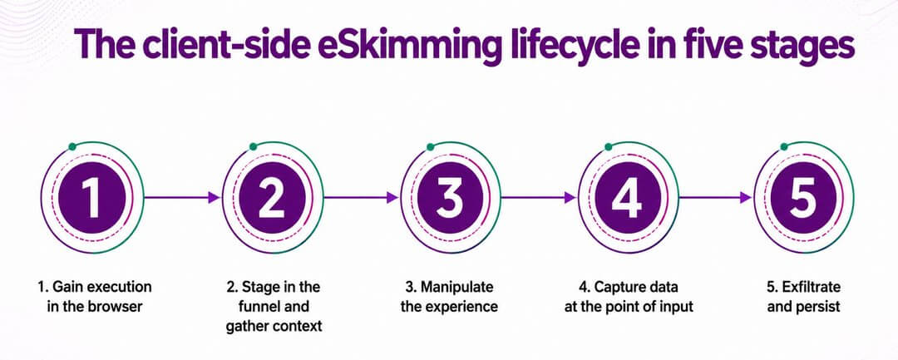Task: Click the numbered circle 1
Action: (91, 197)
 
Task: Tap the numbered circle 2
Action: (272, 197)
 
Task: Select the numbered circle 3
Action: (450, 197)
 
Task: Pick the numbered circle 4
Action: (628, 197)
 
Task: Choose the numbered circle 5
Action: (803, 197)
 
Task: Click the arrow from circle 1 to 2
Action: (182, 197)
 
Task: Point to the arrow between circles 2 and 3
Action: (361, 197)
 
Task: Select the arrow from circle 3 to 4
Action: (539, 197)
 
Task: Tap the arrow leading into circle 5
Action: (716, 197)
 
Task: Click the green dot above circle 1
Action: (72, 147)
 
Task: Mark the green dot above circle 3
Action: (431, 147)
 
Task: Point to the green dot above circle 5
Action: (784, 147)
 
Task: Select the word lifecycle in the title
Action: (578, 45)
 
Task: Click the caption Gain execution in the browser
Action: (95, 296)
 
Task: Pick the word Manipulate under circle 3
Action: (456, 286)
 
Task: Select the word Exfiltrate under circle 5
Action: (809, 286)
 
